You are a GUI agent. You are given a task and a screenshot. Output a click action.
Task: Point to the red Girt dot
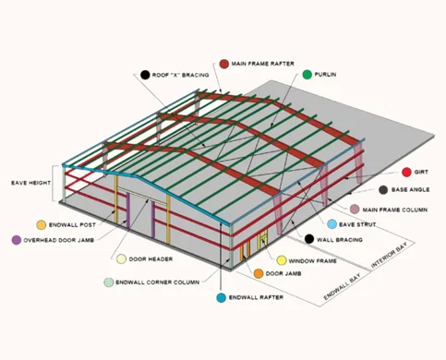coord(405,173)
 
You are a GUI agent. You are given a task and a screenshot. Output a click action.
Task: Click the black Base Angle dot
coord(381,190)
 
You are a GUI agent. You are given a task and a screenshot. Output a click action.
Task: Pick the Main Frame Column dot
coord(354,210)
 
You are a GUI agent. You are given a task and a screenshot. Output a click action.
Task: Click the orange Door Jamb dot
coord(259,274)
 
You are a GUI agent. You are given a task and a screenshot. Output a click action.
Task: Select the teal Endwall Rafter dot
coord(220,298)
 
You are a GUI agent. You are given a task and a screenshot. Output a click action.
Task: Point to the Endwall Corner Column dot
coord(110,281)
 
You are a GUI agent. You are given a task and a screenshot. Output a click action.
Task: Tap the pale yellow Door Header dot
coord(121,259)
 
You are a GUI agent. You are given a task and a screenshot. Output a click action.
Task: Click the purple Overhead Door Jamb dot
coord(16,240)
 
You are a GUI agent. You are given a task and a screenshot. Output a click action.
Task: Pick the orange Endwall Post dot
coord(41,224)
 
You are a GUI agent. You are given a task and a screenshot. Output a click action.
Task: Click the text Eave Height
coord(32,182)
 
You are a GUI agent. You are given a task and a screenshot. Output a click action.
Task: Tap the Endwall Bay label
coord(343,282)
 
